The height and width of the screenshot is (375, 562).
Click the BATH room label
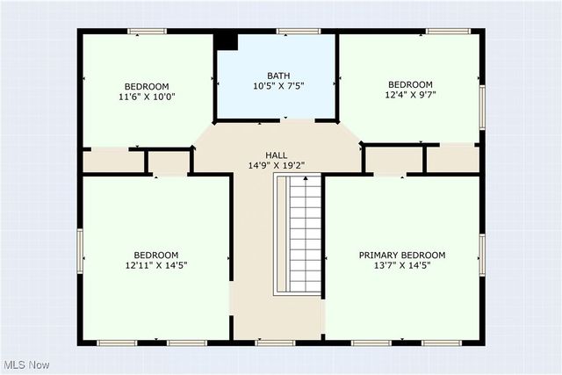(277, 76)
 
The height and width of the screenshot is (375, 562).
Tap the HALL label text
(276, 154)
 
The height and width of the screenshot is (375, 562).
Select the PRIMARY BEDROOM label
(401, 256)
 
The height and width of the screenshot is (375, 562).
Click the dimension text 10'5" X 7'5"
(277, 87)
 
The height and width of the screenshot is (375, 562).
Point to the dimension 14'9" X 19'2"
(276, 165)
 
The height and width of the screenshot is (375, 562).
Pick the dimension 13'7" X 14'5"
(401, 267)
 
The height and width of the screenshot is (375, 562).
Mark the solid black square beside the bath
(227, 40)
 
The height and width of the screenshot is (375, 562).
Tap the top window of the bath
(299, 32)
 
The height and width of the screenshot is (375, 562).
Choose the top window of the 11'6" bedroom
(147, 32)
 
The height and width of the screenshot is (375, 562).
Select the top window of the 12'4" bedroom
(448, 32)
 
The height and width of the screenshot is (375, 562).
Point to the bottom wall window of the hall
(275, 342)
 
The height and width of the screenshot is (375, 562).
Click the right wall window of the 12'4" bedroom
(482, 101)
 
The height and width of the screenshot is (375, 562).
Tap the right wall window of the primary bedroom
(482, 253)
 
